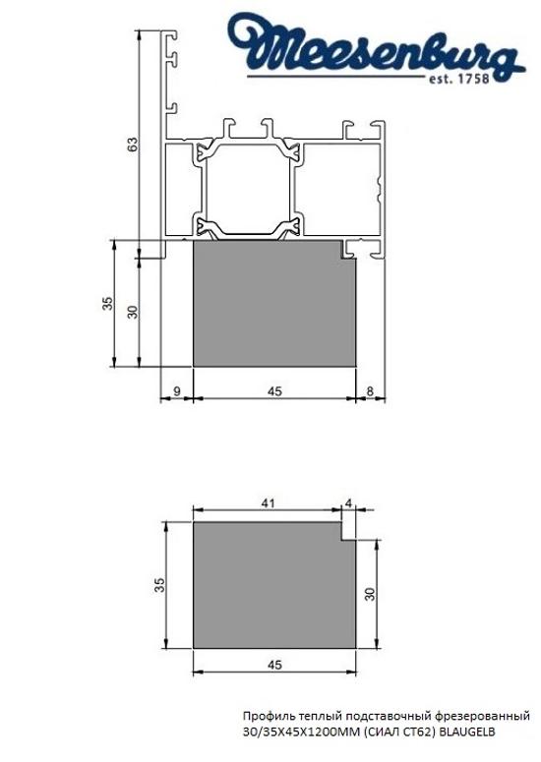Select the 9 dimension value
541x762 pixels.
[175, 390]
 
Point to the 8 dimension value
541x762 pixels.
[369, 390]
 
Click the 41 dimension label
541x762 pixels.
[267, 502]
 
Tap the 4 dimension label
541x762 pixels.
[349, 502]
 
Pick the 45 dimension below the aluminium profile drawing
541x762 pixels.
[274, 390]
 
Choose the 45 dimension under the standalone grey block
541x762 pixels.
[274, 665]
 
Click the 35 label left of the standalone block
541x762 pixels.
[159, 586]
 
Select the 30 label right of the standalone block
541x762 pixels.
[369, 596]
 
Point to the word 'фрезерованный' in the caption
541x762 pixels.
[484, 717]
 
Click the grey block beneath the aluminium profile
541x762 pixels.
[273, 305]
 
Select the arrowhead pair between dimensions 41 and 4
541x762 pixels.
[342, 511]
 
